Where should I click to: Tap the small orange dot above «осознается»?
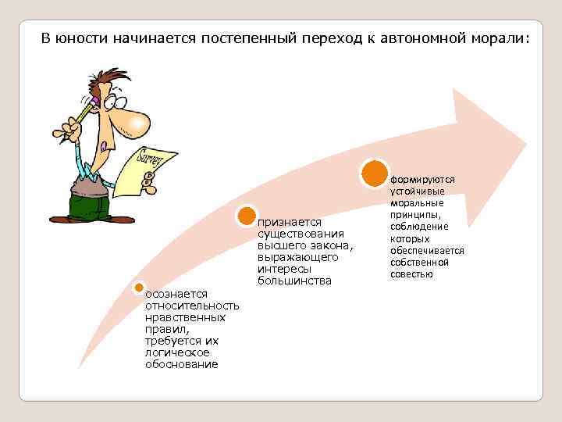pos(139,288)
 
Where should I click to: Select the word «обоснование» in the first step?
pos(181,365)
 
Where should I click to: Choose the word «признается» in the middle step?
pos(288,223)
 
